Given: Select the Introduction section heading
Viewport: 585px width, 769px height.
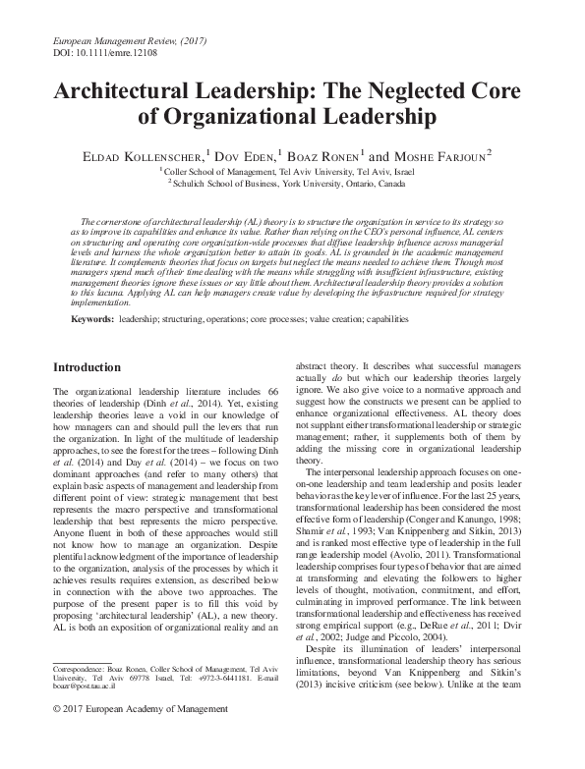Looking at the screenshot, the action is (87, 367).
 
